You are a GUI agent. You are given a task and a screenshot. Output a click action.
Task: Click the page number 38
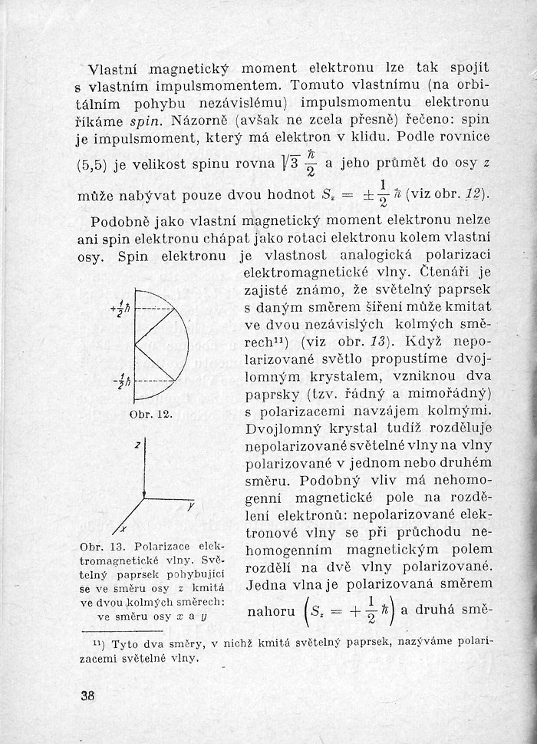[86, 697]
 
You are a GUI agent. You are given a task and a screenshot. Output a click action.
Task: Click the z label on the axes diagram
[137, 445]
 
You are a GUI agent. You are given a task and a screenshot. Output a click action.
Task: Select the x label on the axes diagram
[124, 531]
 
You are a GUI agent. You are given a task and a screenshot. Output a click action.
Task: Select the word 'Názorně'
[199, 121]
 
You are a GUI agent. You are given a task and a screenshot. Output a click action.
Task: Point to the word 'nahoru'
[271, 613]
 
